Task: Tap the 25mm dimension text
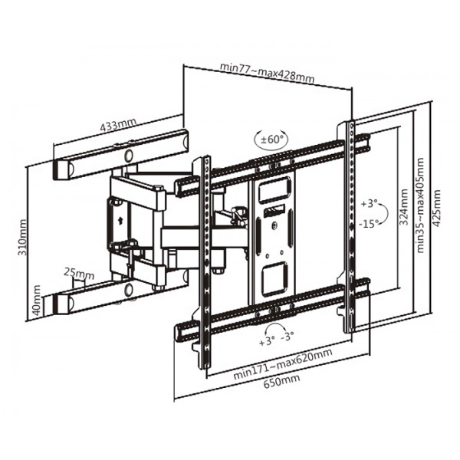click(x=79, y=273)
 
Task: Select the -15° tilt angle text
click(x=369, y=224)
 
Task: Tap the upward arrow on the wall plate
click(x=120, y=216)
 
